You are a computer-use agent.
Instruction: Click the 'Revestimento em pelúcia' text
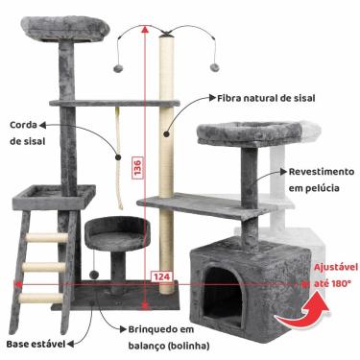313,180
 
